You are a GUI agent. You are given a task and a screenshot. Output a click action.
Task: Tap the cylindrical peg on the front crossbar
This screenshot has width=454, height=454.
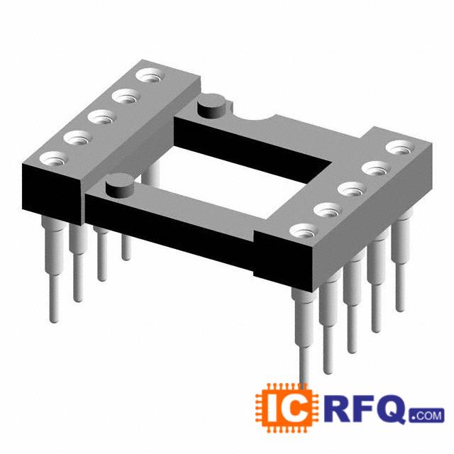click(119, 185)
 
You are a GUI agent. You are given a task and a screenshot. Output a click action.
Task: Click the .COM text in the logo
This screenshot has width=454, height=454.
click(426, 415)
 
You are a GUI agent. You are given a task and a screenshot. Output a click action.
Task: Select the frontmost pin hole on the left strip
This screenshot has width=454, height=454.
click(54, 160)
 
